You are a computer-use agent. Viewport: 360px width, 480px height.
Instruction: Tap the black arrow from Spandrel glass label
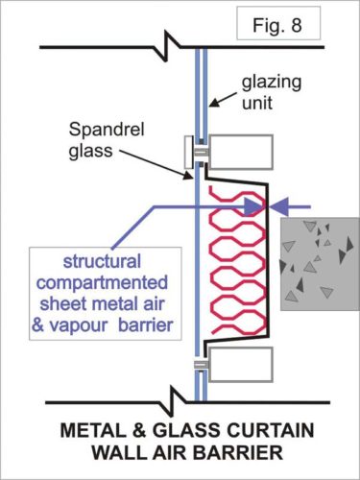coord(185,167)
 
